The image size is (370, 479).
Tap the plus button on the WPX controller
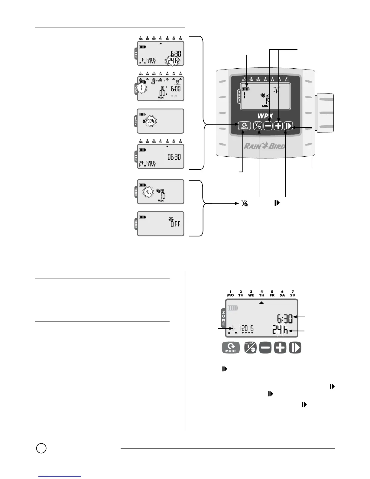click(x=278, y=126)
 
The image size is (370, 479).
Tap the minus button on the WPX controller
click(x=268, y=126)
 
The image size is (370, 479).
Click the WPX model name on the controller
click(x=265, y=116)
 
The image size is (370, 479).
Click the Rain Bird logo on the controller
click(x=265, y=146)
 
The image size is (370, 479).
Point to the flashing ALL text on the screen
click(x=148, y=192)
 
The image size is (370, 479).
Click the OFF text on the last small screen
click(x=175, y=224)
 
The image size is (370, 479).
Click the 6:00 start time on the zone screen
click(x=176, y=89)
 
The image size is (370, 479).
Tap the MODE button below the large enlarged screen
click(x=231, y=348)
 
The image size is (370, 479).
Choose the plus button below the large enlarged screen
click(x=280, y=348)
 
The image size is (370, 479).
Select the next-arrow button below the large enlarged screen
click(x=295, y=348)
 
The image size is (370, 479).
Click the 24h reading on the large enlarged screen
click(x=280, y=330)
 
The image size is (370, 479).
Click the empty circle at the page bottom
click(x=41, y=448)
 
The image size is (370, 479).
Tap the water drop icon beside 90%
click(x=144, y=121)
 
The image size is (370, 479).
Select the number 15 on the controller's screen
click(x=268, y=101)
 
